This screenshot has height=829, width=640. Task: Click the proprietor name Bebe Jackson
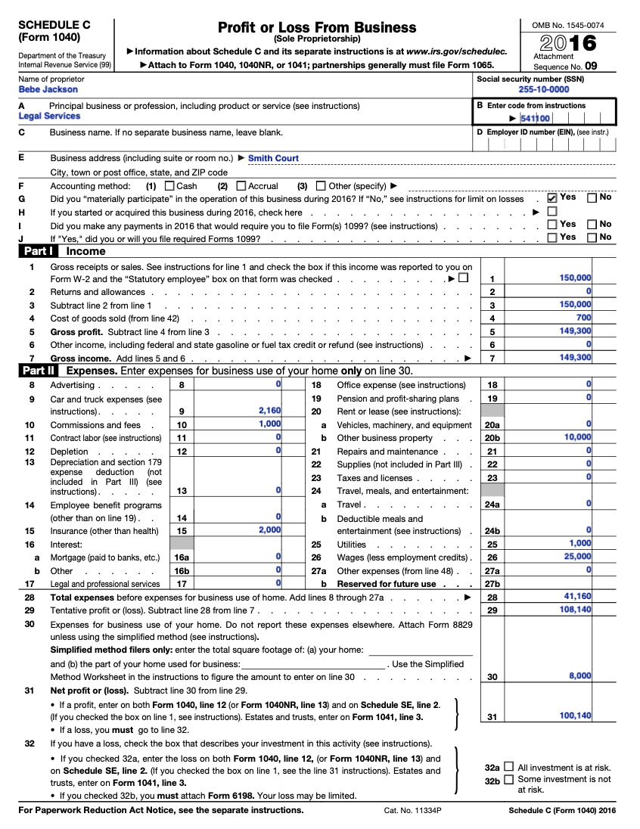48,90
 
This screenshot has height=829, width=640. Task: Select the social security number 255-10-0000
544,90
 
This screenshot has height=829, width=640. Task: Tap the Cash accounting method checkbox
169,186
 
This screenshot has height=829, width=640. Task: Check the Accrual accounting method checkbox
241,186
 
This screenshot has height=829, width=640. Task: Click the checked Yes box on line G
552,198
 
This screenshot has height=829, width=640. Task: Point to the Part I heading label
38,251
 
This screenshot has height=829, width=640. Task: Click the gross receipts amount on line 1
575,278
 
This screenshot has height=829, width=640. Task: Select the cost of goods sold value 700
583,318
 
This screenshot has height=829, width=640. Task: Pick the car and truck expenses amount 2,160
269,411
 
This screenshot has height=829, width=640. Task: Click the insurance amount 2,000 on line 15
269,530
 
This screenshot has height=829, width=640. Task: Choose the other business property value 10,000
577,437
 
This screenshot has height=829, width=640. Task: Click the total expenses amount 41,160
577,597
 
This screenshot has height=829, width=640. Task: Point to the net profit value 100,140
576,716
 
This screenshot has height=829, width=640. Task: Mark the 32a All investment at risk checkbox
508,767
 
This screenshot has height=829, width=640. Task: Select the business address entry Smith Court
273,159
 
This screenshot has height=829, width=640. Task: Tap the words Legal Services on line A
49,116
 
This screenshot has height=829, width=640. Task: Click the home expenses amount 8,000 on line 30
580,676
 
